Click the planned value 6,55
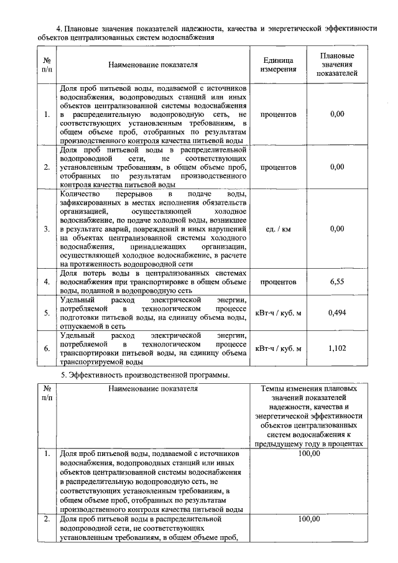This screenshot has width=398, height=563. (336, 282)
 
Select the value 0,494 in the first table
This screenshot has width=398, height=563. (336, 312)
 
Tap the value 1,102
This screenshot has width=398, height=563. (336, 348)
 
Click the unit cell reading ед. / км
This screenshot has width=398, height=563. (278, 229)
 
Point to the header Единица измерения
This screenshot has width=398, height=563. (278, 64)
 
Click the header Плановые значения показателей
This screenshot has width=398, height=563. (336, 64)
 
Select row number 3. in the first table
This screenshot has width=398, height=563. (47, 229)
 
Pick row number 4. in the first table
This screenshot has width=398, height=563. (47, 282)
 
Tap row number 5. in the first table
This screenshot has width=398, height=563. (47, 312)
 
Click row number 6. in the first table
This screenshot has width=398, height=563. (47, 348)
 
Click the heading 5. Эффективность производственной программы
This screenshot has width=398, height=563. (145, 375)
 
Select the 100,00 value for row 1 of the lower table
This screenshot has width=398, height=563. (309, 454)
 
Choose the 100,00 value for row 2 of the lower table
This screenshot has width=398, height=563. (309, 519)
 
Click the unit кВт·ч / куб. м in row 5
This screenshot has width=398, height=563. (278, 312)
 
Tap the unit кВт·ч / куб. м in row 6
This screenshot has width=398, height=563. (278, 348)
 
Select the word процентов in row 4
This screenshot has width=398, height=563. (278, 282)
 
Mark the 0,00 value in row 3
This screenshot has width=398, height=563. (336, 229)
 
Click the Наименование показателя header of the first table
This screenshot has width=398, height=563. (152, 64)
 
